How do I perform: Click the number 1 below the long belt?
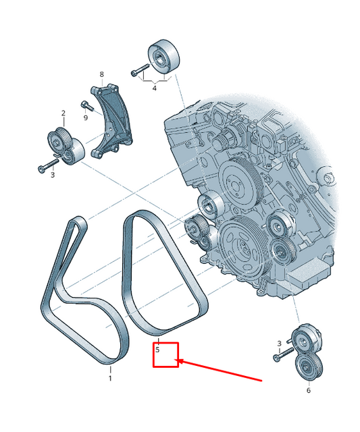pos(110,379)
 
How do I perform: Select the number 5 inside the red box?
pos(157,350)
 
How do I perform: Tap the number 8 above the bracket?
pos(101,74)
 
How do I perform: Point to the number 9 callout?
pos(86,117)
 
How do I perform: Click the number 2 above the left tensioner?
pos(63,113)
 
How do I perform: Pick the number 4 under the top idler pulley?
pos(154,87)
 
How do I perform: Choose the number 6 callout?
pos(309,390)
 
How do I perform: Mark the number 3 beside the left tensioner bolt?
pos(53,175)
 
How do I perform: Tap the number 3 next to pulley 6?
pos(278,344)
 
